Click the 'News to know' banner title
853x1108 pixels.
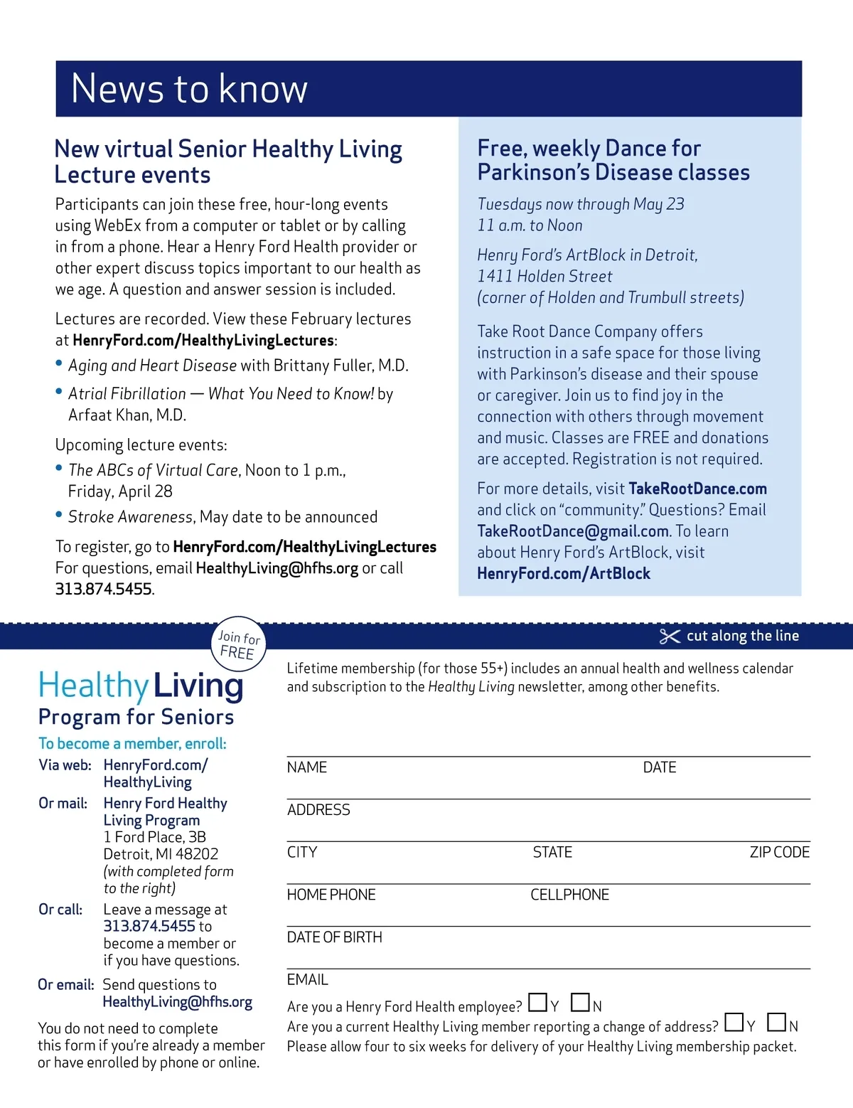[x=189, y=89]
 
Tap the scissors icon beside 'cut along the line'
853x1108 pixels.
[x=670, y=636]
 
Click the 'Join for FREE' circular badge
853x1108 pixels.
[x=239, y=644]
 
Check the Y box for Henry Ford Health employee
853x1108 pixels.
[x=538, y=1003]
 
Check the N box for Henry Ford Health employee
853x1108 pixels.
[x=580, y=1003]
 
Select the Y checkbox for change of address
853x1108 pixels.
[x=734, y=1023]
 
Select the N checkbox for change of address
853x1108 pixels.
[x=776, y=1023]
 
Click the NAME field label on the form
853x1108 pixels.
[x=307, y=767]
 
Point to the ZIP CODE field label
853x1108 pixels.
[x=779, y=852]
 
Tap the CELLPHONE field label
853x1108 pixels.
[x=569, y=895]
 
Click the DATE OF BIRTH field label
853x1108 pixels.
[x=334, y=937]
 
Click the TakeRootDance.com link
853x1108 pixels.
[x=697, y=489]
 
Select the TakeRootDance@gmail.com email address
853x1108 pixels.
[x=573, y=531]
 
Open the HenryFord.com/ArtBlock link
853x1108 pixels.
[x=564, y=574]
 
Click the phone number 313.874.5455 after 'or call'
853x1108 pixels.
[x=104, y=589]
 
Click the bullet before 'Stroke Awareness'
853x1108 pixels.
[x=59, y=515]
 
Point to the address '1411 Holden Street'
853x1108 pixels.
[x=544, y=277]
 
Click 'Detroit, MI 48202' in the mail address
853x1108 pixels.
[x=161, y=854]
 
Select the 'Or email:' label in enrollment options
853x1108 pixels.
[x=66, y=985]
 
